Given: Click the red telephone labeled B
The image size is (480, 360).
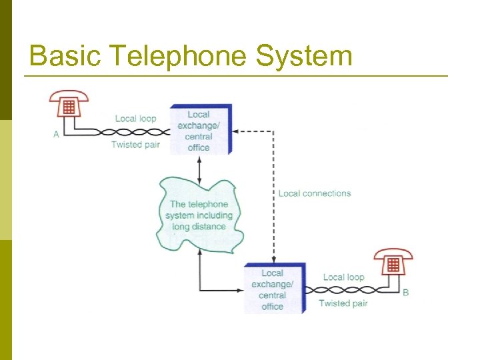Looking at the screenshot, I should coord(393,263).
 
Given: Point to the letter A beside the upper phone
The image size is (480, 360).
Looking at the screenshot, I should coord(56,135).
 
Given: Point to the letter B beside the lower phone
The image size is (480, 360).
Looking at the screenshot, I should coord(406,293).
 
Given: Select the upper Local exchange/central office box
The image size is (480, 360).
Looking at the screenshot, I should coord(200,130).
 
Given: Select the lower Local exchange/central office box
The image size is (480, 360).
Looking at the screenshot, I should coord(274,289).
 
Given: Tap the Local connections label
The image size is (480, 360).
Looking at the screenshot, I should coord(314,193).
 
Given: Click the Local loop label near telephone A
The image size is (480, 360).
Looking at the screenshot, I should coord(135,119).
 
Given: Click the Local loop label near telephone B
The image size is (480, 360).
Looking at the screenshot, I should coord(343,277).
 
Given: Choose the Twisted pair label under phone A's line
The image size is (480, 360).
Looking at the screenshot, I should coord(135,145).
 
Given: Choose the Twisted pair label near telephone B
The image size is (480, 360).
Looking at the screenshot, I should coord(343,303).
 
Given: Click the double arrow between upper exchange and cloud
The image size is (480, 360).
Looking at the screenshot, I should coord(199,166).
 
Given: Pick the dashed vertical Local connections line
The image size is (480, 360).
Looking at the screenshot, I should coord(273,200).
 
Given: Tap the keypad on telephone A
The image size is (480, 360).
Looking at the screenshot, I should coord(67,107).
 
